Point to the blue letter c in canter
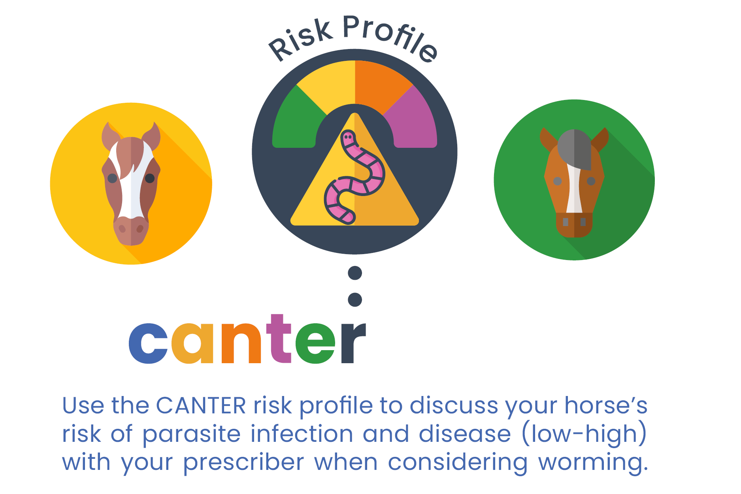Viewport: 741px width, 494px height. [148, 343]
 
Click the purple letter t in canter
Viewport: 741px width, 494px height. [279, 339]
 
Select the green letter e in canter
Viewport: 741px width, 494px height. [315, 343]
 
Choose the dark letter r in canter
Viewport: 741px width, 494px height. [353, 343]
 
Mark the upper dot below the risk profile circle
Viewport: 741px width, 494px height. [355, 273]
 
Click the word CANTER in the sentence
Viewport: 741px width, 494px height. [201, 406]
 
